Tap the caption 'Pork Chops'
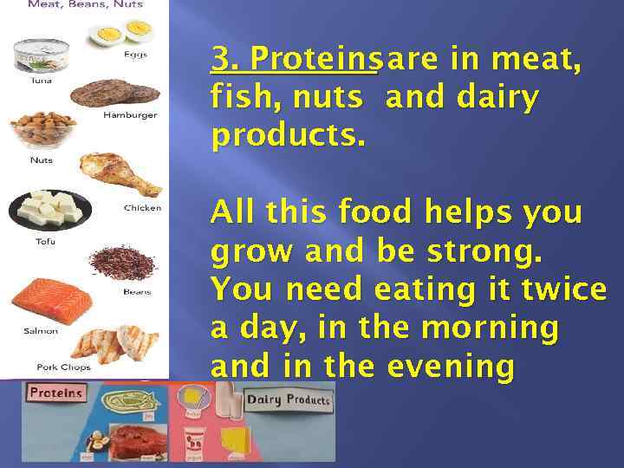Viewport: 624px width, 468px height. point(58,367)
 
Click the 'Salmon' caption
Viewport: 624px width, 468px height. point(41,330)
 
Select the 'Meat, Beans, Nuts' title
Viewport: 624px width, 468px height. point(85,4)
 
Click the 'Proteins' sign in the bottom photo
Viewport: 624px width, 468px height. point(56,393)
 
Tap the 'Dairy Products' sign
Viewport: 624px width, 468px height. point(289,400)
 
